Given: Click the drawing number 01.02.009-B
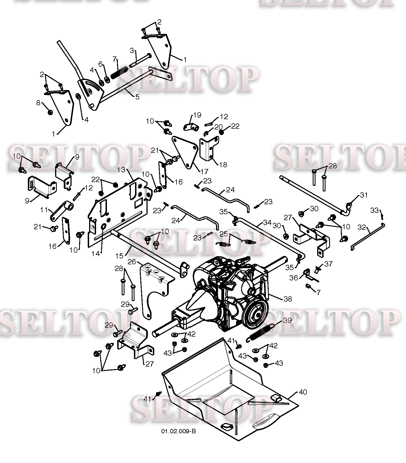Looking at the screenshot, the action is (x=178, y=431).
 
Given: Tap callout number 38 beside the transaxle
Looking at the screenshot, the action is (x=288, y=299).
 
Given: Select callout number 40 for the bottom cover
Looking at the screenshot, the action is (x=303, y=392).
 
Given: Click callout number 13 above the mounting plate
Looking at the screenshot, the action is (x=121, y=169).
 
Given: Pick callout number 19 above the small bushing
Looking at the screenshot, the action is (x=197, y=115).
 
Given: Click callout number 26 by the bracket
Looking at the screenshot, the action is (x=132, y=262).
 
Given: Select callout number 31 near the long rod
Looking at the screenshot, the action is (x=364, y=195).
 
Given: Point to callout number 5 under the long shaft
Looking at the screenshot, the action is (x=137, y=97).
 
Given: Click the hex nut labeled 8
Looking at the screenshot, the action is (x=50, y=112).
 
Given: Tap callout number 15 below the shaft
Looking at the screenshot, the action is (x=119, y=255).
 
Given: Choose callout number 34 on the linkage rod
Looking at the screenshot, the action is (x=267, y=222).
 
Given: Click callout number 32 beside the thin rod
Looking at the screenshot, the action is (x=361, y=227).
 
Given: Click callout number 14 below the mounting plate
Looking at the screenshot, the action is (x=96, y=254).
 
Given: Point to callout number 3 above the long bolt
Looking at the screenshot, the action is (x=132, y=51).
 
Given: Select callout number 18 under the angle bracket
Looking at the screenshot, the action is (x=223, y=165).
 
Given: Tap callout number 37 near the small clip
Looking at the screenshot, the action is (x=329, y=263).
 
